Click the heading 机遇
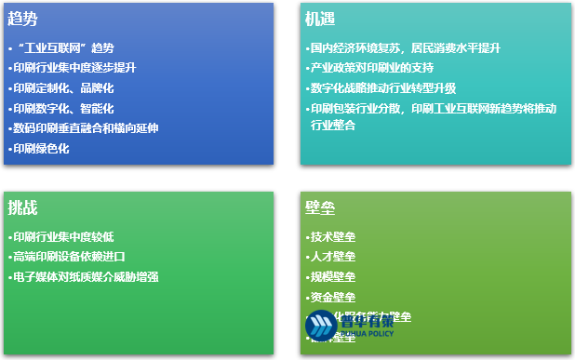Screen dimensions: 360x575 (320, 19)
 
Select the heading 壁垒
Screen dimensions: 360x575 (320, 207)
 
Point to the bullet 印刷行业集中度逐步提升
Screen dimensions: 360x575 (74, 68)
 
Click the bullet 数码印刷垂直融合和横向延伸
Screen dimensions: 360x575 (86, 128)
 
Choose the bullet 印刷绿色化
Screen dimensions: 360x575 (41, 149)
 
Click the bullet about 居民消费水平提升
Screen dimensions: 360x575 (405, 47)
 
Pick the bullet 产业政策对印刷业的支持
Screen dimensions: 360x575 (372, 68)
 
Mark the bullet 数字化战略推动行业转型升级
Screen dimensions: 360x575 (382, 88)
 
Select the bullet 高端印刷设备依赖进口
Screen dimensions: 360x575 (69, 257)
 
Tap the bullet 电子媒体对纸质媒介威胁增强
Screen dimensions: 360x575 (86, 277)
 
